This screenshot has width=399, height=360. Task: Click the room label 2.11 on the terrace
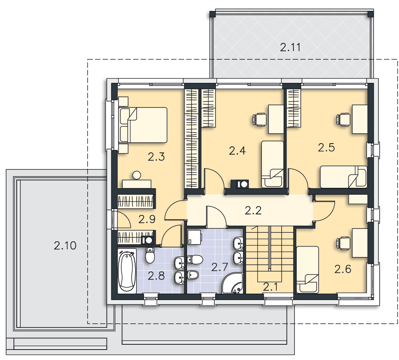pos(290,47)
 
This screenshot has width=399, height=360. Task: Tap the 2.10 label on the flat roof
pos(65,245)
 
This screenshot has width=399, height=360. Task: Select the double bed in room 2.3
pos(143,125)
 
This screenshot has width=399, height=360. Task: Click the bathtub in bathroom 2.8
pos(127,271)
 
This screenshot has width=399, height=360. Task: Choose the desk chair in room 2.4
pos(259,119)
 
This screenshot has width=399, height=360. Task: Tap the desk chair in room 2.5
pos(343,119)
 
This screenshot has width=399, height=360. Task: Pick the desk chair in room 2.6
pos(343,243)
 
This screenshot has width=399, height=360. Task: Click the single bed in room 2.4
pos(273,165)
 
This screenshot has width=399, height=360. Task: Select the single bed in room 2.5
pos(343,177)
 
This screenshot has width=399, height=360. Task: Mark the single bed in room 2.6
pos(307,269)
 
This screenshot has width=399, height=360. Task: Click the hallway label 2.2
pos(253,210)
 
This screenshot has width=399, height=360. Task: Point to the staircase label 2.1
pos(270,287)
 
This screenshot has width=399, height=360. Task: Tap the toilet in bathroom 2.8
pos(150,255)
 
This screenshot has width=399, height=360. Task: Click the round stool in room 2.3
pos(137,175)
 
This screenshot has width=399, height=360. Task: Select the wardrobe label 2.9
pos(147,219)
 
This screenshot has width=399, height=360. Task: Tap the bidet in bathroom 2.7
pos(193,275)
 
